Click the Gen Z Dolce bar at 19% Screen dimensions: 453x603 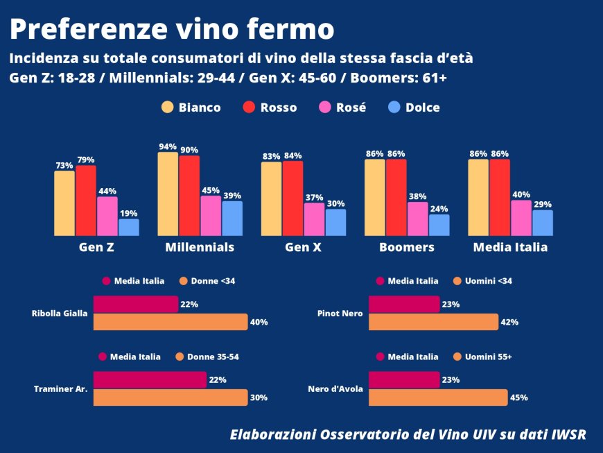point(128,228)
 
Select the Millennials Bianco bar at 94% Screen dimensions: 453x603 point(168,194)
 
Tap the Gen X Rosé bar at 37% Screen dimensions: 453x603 point(314,219)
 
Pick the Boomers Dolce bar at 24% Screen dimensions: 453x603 point(439,225)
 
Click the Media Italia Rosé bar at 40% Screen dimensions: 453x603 point(521,218)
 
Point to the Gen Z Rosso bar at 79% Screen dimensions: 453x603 point(86,200)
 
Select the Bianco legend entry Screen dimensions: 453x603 point(191,108)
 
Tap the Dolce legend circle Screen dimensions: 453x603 point(394,108)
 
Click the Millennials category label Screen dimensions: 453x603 point(200,248)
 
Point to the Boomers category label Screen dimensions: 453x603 point(407,248)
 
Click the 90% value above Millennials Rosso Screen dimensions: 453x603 point(189,150)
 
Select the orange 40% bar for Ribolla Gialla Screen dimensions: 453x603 point(170,322)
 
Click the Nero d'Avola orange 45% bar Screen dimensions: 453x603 point(438,398)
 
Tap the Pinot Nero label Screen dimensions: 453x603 point(339,314)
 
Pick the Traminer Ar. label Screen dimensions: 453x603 point(60,389)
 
